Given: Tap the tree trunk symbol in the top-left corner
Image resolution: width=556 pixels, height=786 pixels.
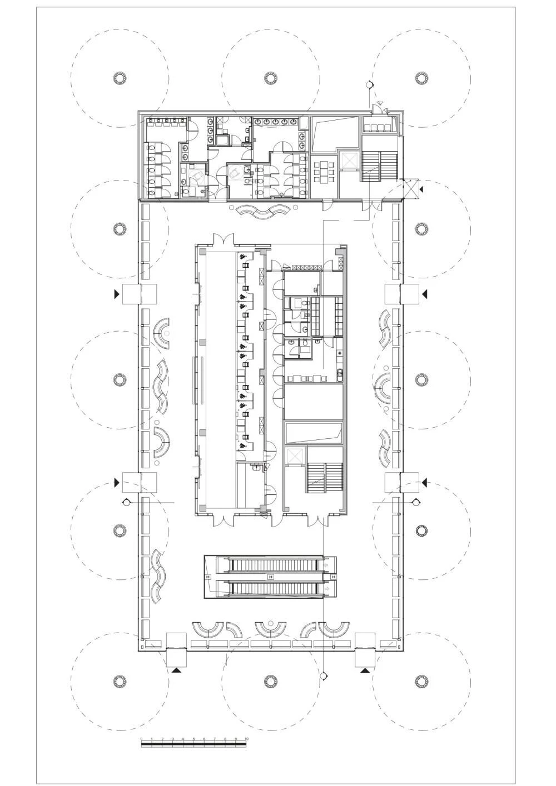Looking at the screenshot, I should [x=119, y=78].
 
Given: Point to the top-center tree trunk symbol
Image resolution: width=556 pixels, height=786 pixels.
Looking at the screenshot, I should [x=270, y=78].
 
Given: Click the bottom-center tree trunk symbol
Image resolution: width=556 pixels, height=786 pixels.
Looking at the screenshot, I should [x=270, y=680].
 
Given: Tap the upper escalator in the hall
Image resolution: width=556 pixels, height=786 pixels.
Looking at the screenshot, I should [x=272, y=565].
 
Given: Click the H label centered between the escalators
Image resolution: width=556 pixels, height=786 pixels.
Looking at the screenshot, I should [x=271, y=577].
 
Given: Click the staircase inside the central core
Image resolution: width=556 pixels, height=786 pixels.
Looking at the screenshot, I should [x=325, y=477].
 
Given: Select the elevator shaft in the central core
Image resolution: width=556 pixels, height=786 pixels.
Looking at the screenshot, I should [x=294, y=457].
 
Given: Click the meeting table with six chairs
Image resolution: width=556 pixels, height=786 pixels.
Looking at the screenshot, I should [x=323, y=172].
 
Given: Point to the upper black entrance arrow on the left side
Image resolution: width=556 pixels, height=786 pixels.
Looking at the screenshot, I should [x=117, y=293].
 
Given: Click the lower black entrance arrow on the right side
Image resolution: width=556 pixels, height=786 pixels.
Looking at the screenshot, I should [x=425, y=481].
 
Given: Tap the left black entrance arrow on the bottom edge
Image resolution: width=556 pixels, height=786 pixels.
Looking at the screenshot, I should [x=177, y=671].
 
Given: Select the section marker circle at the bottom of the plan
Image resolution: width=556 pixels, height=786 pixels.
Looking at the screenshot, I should [x=324, y=676].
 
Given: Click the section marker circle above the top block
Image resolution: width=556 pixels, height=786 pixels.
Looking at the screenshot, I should [x=369, y=85].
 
